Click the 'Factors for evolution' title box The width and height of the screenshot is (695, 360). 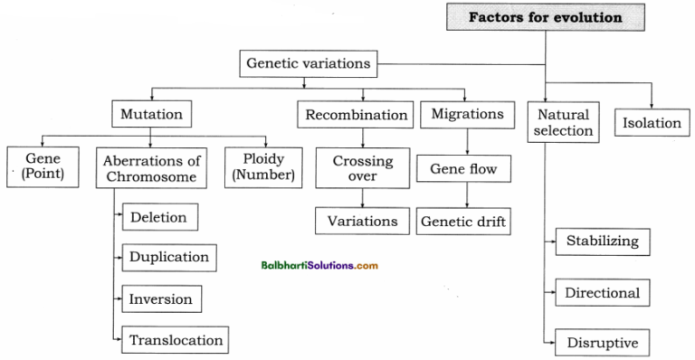click(545, 17)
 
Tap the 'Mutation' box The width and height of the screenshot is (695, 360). click(152, 115)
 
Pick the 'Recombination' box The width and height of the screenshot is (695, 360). click(356, 115)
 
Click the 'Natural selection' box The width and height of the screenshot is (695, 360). click(563, 123)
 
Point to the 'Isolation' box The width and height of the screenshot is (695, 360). click(652, 123)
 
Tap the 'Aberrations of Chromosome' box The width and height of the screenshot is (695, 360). click(150, 167)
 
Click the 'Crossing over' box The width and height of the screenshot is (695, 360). click(362, 169)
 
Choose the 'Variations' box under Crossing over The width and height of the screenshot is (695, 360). click(362, 221)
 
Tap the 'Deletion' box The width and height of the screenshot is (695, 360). click(158, 217)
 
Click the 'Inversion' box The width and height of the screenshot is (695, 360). click(162, 298)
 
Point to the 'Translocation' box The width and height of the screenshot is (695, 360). click(175, 340)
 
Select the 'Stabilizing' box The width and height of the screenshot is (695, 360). click(602, 241)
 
